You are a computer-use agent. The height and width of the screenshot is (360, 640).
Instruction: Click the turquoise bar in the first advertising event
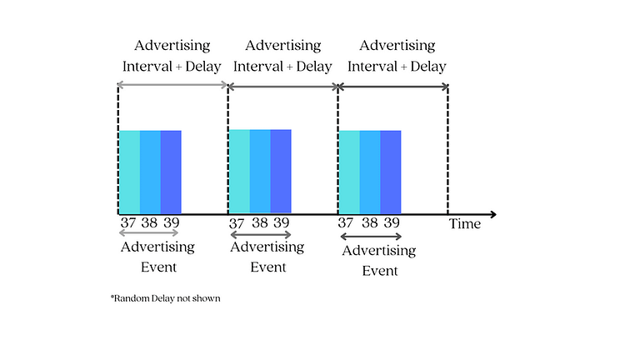coord(129,172)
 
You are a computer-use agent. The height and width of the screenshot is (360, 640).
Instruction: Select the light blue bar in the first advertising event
coord(150,172)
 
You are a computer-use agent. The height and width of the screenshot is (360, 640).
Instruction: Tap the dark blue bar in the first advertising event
coord(171,172)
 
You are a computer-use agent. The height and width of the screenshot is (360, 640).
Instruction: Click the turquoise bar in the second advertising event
coord(239,172)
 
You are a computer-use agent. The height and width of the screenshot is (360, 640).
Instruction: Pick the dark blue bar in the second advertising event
coord(281,172)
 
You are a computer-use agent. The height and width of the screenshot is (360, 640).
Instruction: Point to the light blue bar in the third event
coord(370,172)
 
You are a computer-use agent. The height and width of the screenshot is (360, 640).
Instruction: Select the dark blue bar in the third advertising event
coord(391,172)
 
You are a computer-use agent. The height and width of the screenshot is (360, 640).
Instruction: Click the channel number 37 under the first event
coord(127,223)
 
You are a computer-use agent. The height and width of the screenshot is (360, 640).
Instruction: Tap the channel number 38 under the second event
coord(260,223)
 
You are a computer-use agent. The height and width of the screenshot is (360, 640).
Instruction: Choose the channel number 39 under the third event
coord(391,223)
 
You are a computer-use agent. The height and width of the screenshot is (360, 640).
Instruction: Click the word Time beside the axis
coord(465,223)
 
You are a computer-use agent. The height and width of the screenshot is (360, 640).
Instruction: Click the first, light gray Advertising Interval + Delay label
coord(172,55)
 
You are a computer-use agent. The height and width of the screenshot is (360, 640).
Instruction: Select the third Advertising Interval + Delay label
coord(396,55)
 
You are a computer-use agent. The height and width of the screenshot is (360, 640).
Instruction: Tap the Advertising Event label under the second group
coord(267,257)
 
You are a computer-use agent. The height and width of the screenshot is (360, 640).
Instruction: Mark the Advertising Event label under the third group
coord(379,260)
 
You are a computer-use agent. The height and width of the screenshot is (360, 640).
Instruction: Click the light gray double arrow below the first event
coord(150,233)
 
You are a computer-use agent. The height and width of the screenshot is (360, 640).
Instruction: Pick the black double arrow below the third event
coord(371,237)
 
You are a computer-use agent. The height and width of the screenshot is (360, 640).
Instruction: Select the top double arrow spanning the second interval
coord(282,85)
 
